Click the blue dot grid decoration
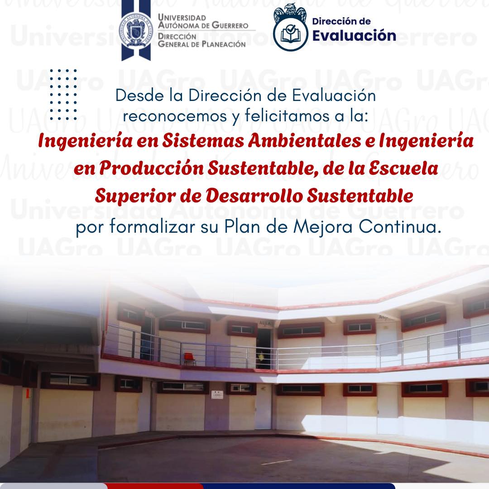[63, 95]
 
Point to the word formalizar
[153, 227]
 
